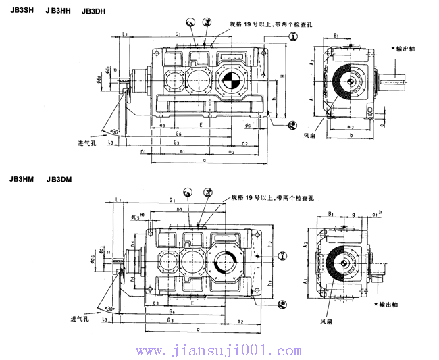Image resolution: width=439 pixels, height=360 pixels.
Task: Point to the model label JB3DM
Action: pos(59,180)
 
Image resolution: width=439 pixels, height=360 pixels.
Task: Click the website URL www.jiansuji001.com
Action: pos(219,351)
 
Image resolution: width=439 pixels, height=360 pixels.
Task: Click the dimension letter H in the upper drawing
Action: pos(282,76)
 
